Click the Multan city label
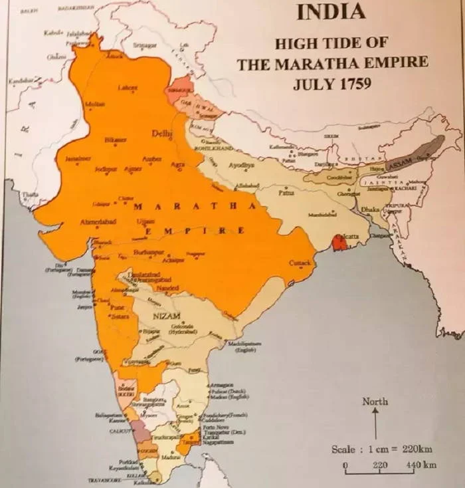[95, 104]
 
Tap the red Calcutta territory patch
[339, 243]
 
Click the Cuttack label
[300, 263]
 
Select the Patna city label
[286, 193]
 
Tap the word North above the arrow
[375, 402]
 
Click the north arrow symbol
[375, 423]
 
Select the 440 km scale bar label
[420, 465]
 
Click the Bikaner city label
[116, 140]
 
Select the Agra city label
[177, 164]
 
